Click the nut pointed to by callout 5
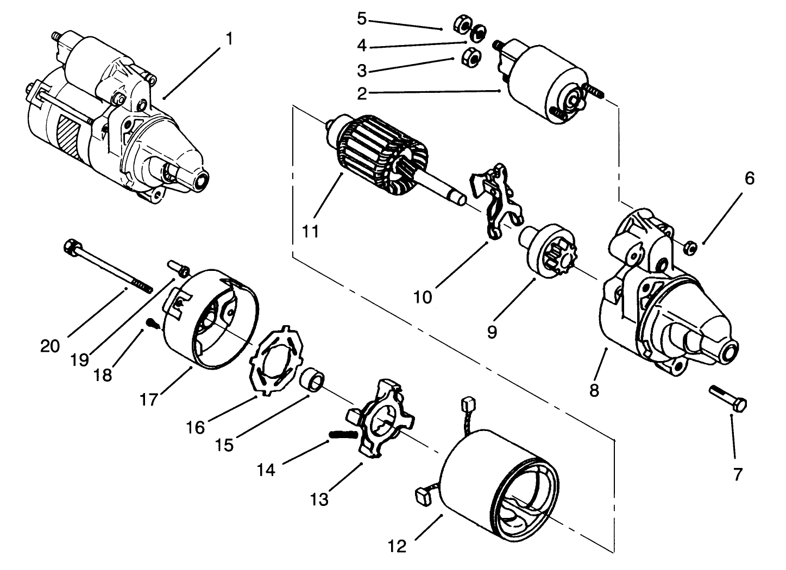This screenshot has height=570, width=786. pyautogui.click(x=461, y=26)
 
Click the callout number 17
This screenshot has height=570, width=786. pyautogui.click(x=148, y=400)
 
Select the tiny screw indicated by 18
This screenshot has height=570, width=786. pyautogui.click(x=152, y=324)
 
